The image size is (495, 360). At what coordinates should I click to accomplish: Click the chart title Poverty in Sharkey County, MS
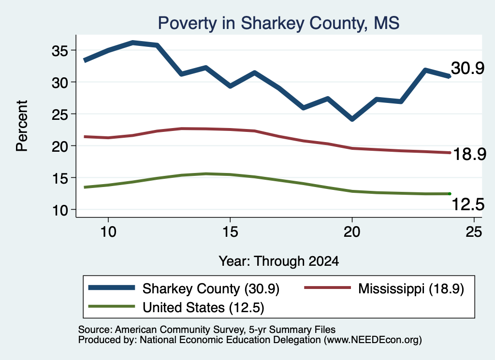pyautogui.click(x=278, y=23)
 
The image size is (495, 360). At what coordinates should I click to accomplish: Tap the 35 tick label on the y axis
pyautogui.click(x=59, y=51)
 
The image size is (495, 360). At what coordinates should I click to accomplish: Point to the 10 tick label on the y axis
pyautogui.click(x=60, y=210)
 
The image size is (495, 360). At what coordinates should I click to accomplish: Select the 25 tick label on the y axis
pyautogui.click(x=59, y=115)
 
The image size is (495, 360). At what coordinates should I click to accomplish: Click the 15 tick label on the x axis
pyautogui.click(x=230, y=232)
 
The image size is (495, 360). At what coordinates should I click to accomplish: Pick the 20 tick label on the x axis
pyautogui.click(x=352, y=232)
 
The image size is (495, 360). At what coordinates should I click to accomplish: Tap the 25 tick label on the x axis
pyautogui.click(x=474, y=232)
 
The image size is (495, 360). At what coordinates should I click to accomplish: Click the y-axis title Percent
pyautogui.click(x=22, y=126)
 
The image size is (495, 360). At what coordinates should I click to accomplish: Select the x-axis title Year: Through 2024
pyautogui.click(x=279, y=261)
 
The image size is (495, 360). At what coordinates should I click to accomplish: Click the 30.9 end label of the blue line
pyautogui.click(x=467, y=68)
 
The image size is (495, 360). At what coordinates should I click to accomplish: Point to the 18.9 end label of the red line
pyautogui.click(x=469, y=154)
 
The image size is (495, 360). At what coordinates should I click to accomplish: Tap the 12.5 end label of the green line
pyautogui.click(x=468, y=204)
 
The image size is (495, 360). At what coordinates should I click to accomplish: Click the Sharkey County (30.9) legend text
pyautogui.click(x=211, y=288)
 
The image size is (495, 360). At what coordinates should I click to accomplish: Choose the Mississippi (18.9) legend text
pyautogui.click(x=411, y=288)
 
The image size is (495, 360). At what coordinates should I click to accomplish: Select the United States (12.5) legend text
pyautogui.click(x=204, y=308)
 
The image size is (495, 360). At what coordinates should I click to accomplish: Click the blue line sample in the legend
pyautogui.click(x=112, y=288)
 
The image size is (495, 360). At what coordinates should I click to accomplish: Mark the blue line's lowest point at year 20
pyautogui.click(x=352, y=119)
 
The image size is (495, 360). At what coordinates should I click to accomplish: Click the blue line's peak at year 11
pyautogui.click(x=133, y=43)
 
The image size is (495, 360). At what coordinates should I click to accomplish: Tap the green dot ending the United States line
pyautogui.click(x=449, y=194)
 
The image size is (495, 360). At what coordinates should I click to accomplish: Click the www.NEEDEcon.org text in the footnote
pyautogui.click(x=372, y=340)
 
